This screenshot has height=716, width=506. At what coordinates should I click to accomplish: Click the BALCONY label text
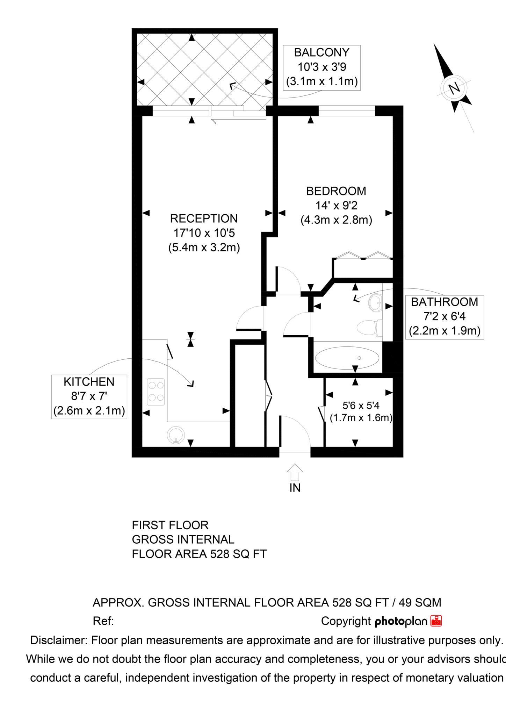321,52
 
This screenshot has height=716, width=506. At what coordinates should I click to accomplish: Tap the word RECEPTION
204,219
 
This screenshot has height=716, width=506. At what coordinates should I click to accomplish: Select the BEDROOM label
336,191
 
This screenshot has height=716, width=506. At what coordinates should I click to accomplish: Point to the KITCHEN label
89,382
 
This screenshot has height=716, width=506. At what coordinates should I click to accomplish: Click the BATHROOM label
444,302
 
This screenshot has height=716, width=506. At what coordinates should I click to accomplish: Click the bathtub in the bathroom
347,358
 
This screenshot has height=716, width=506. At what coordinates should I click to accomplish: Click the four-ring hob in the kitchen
156,392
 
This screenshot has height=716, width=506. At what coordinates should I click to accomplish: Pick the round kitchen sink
176,436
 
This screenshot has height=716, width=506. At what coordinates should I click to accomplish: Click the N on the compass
454,88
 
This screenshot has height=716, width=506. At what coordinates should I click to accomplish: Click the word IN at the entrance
295,488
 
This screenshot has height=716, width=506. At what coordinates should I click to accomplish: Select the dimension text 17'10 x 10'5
204,233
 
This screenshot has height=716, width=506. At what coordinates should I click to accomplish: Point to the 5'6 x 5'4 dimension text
361,406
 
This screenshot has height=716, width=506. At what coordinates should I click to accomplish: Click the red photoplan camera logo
436,621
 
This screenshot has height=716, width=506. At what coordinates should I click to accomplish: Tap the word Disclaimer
59,640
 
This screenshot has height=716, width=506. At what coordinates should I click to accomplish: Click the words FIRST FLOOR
170,525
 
